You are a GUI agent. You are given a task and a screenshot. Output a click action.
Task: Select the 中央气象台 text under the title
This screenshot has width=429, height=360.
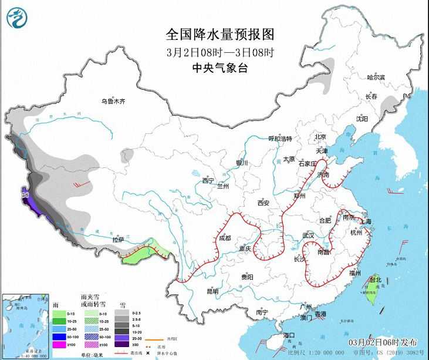[x=212, y=68]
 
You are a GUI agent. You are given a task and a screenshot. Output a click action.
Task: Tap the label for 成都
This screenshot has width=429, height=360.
[x=225, y=238]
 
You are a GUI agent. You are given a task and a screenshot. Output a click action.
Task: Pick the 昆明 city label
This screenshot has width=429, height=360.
[x=212, y=291]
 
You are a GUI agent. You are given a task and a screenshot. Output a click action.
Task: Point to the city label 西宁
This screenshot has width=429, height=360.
[x=208, y=180]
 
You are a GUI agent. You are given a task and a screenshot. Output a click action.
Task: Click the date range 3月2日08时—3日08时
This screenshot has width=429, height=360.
[x=212, y=52]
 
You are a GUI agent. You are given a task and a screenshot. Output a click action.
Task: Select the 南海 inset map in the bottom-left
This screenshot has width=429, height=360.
[x=23, y=325]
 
